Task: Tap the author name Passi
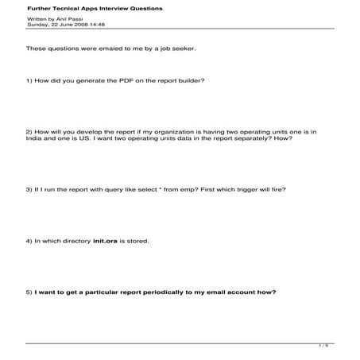73,18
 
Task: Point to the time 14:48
98,25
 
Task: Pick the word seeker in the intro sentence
182,48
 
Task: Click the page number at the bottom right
323,346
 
